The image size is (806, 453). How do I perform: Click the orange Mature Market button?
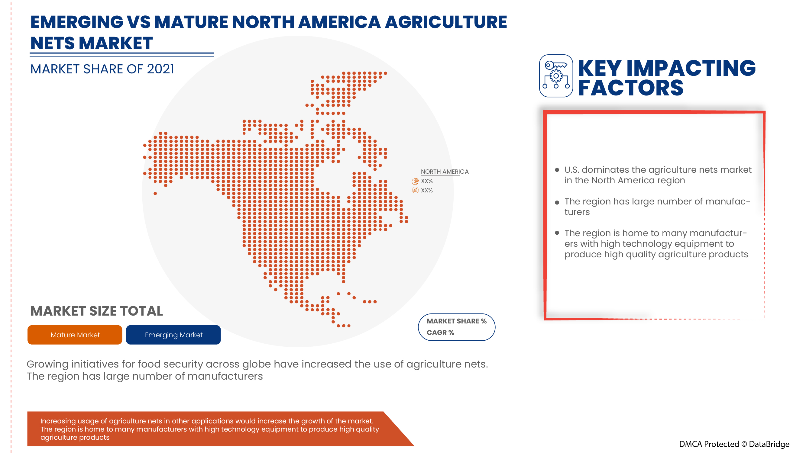(75, 335)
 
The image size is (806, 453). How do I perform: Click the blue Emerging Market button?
(173, 335)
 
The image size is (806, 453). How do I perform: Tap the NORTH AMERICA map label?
(444, 172)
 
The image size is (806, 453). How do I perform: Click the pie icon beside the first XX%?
(415, 181)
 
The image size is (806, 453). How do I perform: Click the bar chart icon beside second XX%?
(415, 190)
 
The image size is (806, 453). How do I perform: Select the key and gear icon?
(556, 76)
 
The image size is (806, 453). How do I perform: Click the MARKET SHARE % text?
(456, 321)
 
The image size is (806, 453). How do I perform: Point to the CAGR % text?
(440, 332)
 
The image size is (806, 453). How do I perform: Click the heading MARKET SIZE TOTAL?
(96, 311)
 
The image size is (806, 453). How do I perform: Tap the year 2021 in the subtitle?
(160, 69)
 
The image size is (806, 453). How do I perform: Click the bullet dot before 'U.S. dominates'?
(557, 170)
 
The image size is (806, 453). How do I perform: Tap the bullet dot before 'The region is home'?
(557, 233)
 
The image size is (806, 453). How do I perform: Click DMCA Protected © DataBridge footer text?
(734, 444)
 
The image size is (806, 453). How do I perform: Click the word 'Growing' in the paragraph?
(47, 364)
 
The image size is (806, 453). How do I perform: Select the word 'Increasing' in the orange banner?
(58, 421)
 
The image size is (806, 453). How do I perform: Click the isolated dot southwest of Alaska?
(155, 194)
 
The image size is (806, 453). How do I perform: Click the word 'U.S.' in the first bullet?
(572, 170)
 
